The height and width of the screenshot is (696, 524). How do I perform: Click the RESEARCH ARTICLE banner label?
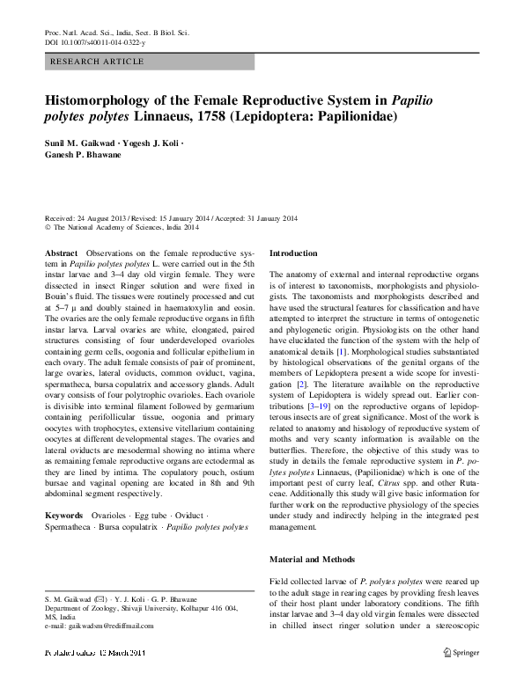coord(87,64)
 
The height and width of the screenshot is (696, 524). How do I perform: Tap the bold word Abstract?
coord(61,253)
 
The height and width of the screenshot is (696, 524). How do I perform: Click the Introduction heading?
coord(293,253)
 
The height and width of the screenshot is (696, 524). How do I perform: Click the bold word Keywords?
coord(63,514)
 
